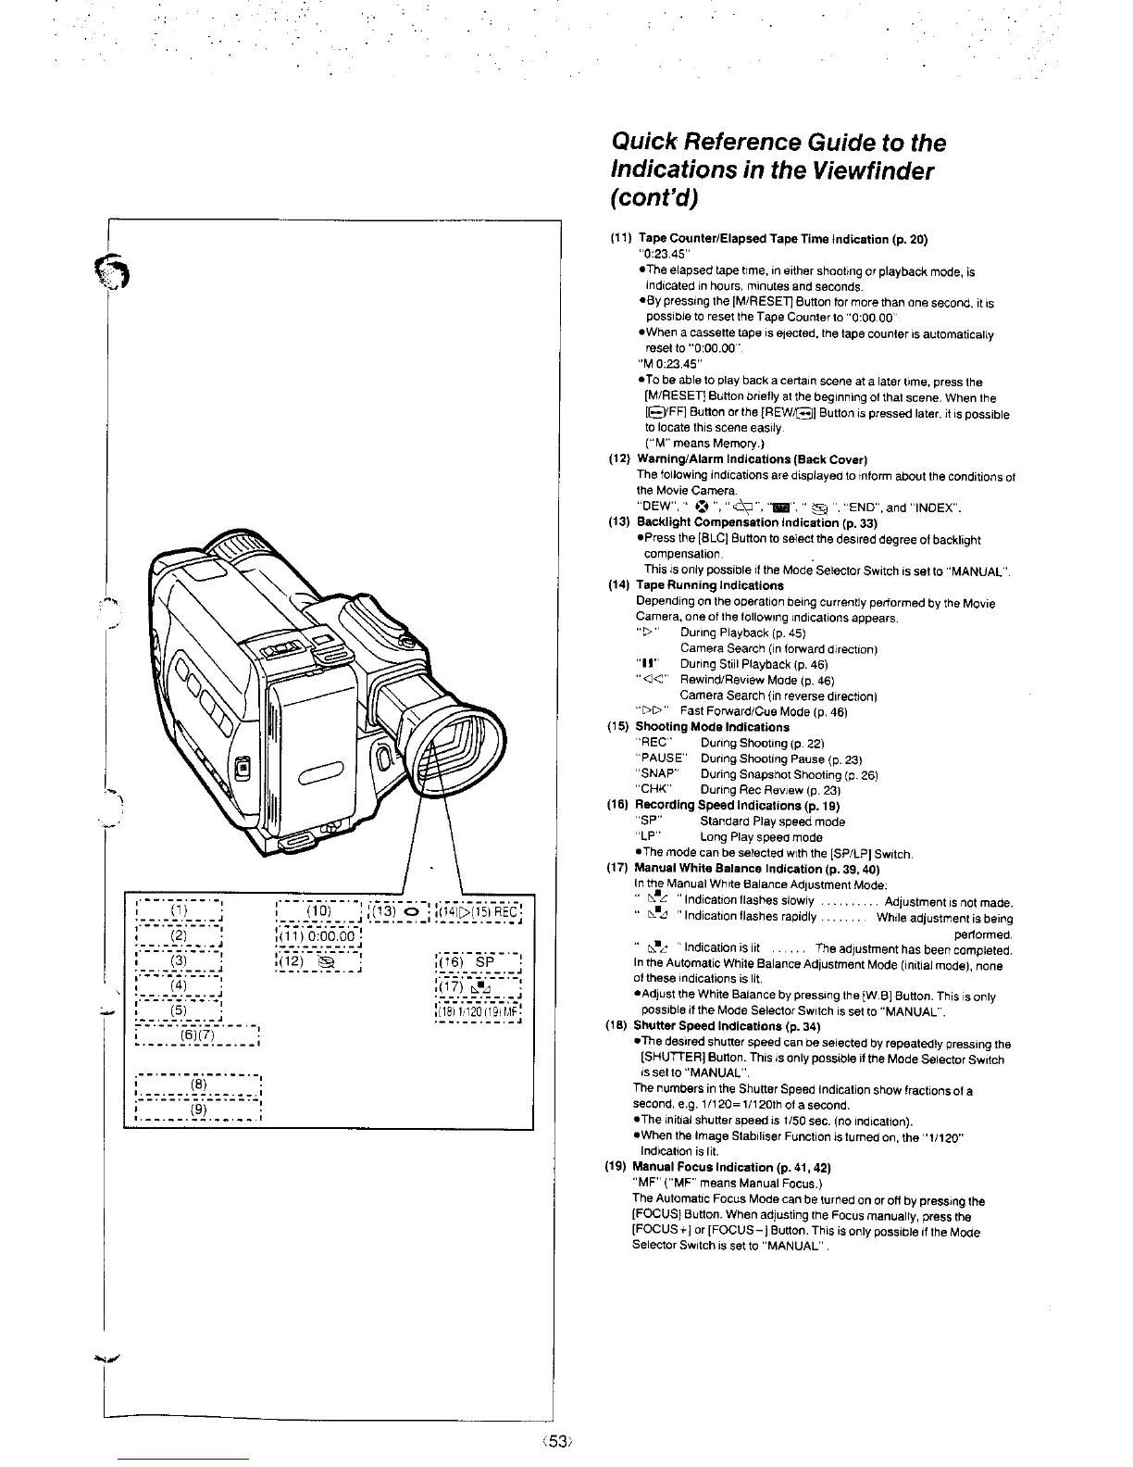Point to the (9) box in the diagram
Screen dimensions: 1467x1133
198,1109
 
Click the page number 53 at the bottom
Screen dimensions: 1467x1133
555,1441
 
